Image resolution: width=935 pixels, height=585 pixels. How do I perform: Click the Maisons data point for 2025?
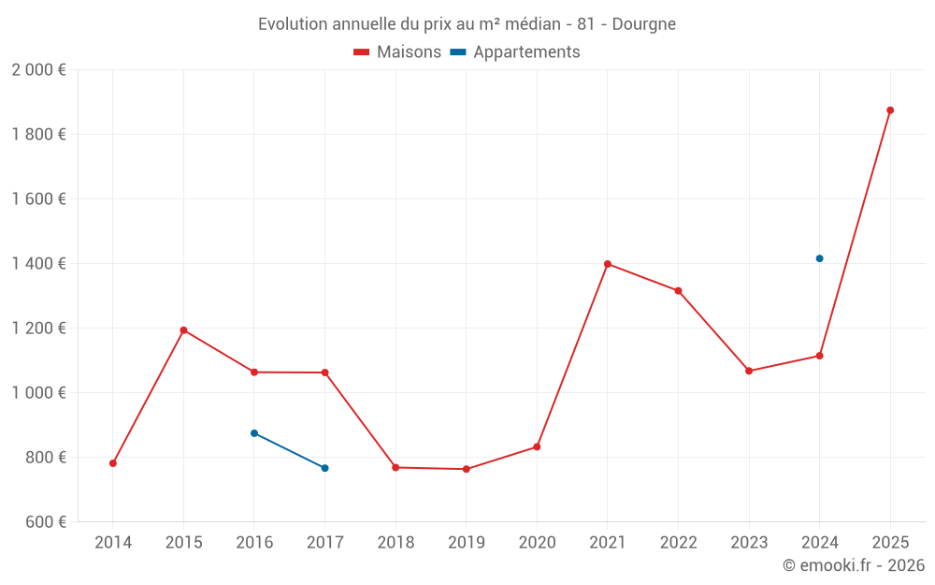[x=890, y=110]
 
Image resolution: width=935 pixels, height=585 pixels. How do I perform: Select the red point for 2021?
[x=608, y=264]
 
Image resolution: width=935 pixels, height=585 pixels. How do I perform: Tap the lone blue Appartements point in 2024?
[x=819, y=258]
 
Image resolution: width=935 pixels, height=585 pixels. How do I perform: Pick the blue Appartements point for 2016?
[x=254, y=433]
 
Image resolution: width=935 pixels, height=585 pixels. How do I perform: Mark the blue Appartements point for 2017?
[x=324, y=468]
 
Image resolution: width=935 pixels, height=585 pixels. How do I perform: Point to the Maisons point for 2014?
[x=113, y=463]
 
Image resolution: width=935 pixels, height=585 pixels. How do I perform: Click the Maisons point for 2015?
[x=183, y=330]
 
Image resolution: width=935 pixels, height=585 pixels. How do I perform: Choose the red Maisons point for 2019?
[x=467, y=469]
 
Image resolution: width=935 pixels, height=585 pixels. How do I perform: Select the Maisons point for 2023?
[x=749, y=371]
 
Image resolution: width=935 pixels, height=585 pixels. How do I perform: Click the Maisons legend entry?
[x=397, y=52]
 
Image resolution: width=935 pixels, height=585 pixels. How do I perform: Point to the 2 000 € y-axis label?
[x=38, y=70]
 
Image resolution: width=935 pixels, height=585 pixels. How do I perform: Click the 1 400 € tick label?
[x=38, y=264]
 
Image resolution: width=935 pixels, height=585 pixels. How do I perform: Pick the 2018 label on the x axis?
[x=396, y=542]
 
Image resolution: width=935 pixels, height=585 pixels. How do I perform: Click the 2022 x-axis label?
[x=678, y=542]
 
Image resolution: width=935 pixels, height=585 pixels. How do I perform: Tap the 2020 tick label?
[x=537, y=542]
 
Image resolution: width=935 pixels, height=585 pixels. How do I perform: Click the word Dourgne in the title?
[x=644, y=23]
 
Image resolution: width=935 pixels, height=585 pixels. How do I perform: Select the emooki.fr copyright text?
[x=854, y=565]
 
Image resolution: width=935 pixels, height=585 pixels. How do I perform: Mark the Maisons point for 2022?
[x=678, y=291]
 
